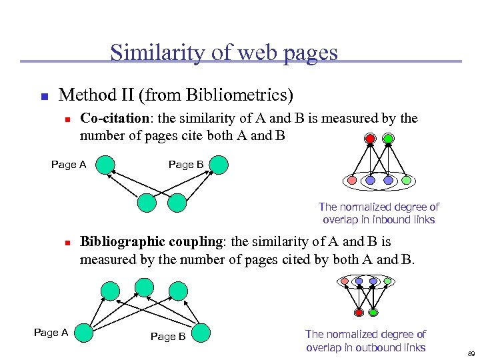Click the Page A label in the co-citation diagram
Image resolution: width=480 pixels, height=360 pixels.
coord(69,165)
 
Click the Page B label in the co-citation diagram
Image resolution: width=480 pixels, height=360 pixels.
coord(186,165)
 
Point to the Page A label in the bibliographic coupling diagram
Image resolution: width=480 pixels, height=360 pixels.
coord(51,333)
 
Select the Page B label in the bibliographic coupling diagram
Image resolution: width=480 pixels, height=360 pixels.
coord(168,337)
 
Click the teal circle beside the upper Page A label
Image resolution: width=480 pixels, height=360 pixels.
coord(105,165)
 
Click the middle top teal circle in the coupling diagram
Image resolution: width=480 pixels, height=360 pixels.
coord(144,287)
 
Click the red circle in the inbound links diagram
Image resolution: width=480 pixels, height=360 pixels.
coord(370,139)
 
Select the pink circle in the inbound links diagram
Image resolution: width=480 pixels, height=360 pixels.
coord(353,181)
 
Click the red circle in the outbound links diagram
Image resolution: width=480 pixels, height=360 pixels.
coord(359,312)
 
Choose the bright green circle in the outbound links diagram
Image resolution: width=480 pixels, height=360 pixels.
coord(373,312)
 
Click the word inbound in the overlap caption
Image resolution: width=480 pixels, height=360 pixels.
coord(387,219)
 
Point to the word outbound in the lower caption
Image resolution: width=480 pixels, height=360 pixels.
coord(387,347)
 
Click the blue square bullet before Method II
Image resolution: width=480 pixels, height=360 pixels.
coord(43,97)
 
